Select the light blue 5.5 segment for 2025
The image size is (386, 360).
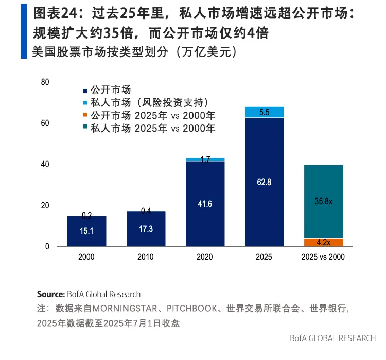[x=265, y=112]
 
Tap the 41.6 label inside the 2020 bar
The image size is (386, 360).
[x=205, y=204]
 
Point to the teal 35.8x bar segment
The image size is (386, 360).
[x=323, y=201]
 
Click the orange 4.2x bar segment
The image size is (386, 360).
[x=323, y=242]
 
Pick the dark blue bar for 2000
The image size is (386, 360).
[x=87, y=232]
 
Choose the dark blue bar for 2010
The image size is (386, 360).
[x=146, y=229]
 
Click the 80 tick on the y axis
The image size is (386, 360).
[x=45, y=82]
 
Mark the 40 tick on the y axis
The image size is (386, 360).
[x=45, y=165]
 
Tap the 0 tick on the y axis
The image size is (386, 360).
[x=47, y=247]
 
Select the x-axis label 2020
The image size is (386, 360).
[x=205, y=257]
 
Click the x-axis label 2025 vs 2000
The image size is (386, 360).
[x=323, y=257]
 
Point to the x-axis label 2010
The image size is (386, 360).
[x=146, y=257]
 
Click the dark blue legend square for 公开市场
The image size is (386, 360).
[x=85, y=90]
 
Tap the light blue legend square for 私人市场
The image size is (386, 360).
[x=85, y=102]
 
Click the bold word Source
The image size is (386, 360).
[x=51, y=294]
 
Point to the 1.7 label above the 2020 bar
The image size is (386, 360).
[x=205, y=159]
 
